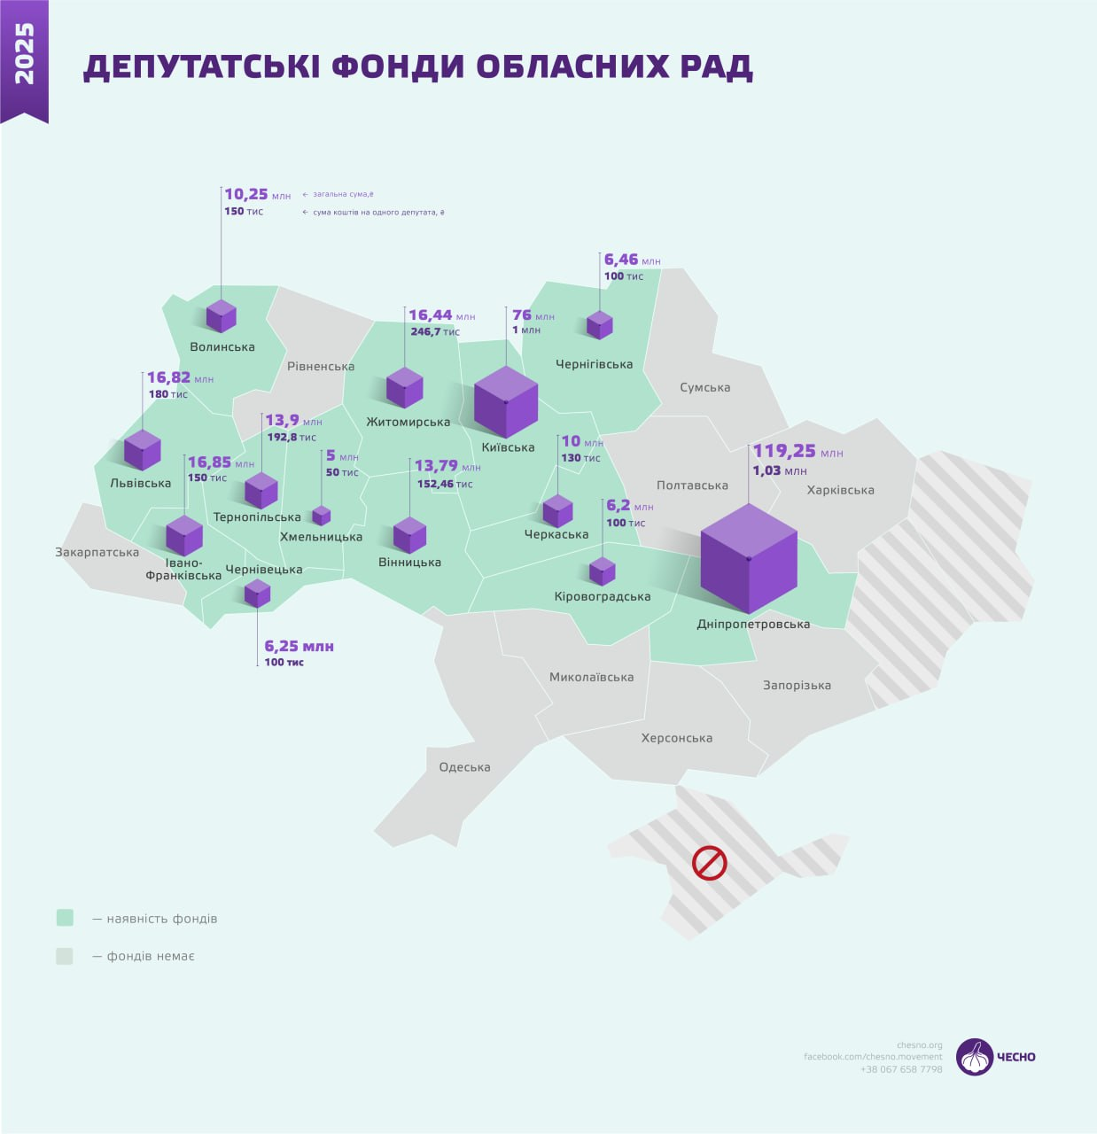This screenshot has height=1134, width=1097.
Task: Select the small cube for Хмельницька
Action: tap(321, 516)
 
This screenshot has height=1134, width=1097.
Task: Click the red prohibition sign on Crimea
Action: tap(709, 863)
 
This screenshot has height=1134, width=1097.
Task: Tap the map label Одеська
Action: tap(464, 767)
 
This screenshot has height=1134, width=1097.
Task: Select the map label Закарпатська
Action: tap(97, 552)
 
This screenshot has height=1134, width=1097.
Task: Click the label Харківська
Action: tap(840, 490)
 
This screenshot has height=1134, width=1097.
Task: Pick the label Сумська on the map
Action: tap(705, 387)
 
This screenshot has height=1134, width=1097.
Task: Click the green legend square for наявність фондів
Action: tap(65, 918)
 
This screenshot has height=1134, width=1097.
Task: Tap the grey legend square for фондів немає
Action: tap(65, 956)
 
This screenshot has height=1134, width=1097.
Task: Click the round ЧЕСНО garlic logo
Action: tap(975, 1056)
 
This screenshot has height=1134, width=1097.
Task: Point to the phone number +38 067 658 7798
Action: tap(901, 1069)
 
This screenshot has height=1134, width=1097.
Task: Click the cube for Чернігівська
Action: tap(600, 324)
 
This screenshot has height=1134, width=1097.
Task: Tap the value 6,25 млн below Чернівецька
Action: tap(299, 646)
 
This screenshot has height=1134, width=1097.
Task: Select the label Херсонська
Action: tap(677, 738)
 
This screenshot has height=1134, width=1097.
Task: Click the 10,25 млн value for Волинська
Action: tap(257, 194)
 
